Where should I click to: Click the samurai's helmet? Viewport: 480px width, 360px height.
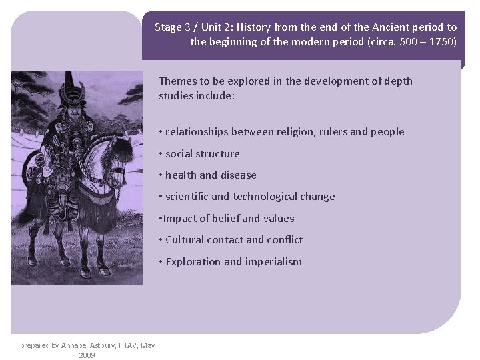(68, 89)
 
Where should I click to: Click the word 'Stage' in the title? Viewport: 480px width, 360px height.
(169, 27)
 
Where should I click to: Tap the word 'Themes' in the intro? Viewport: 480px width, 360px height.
(177, 81)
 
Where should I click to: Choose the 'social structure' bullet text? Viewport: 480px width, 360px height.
(202, 153)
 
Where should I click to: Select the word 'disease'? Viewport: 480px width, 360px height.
(238, 175)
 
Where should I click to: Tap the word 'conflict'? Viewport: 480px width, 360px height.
(285, 240)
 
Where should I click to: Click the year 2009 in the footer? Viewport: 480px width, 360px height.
(87, 355)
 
